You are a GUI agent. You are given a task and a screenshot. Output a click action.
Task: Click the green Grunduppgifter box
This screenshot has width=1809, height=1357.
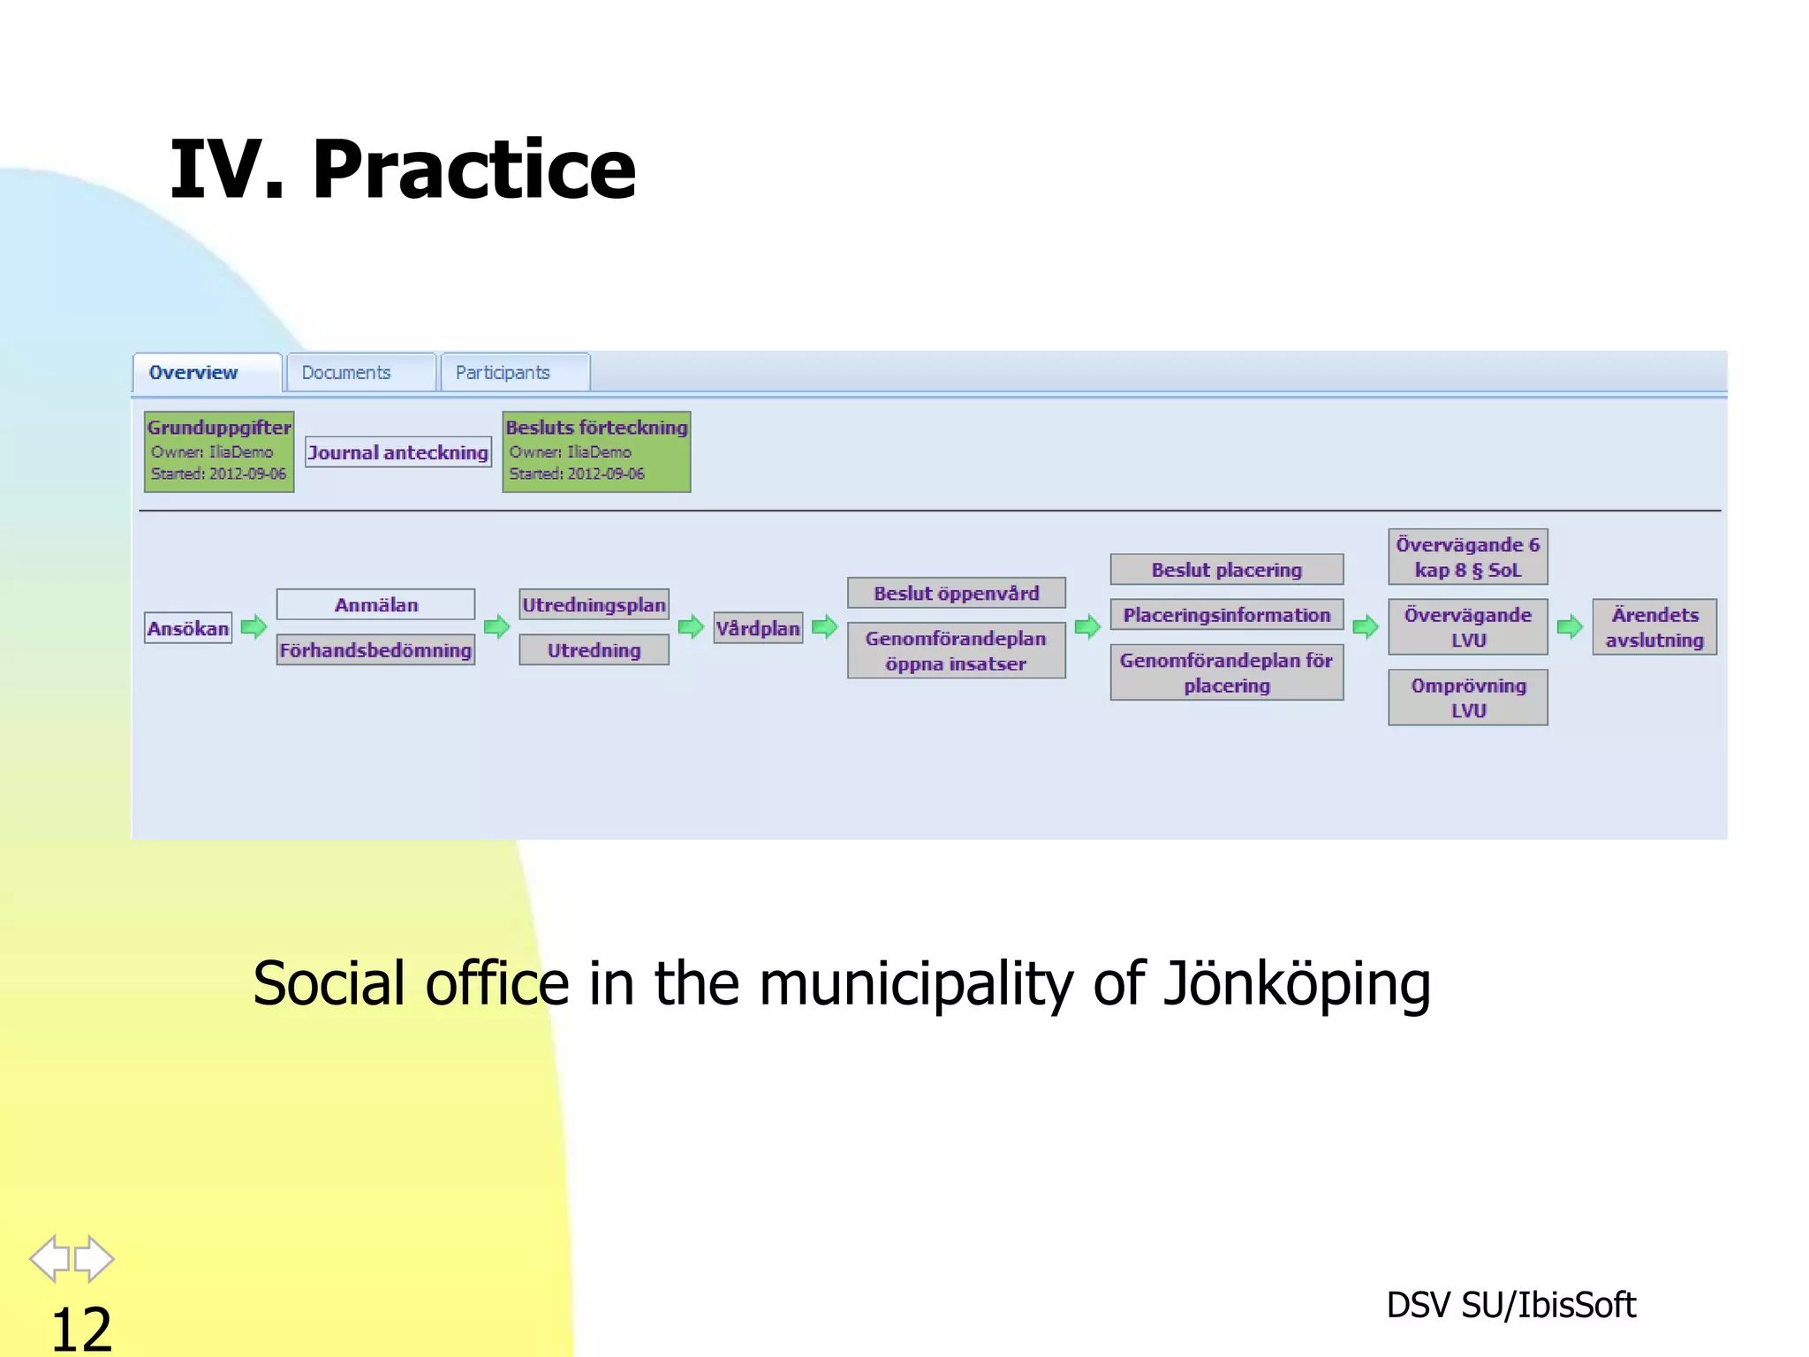coord(219,451)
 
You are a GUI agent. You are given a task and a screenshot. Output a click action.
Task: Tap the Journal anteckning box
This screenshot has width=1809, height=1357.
coord(397,452)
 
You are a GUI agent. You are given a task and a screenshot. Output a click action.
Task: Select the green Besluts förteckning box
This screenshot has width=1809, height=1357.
coord(596,451)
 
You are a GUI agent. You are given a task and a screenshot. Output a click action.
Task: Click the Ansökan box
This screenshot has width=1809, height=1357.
coord(188,628)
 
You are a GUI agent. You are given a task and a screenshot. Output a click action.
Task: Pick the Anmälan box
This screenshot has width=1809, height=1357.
coord(375,605)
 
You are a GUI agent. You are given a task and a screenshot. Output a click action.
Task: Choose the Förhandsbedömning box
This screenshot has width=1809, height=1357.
coord(375,650)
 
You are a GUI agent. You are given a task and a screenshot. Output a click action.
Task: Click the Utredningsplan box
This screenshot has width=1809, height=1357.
coord(594,605)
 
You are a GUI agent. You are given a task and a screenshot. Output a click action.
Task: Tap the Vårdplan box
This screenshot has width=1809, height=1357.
coord(758,628)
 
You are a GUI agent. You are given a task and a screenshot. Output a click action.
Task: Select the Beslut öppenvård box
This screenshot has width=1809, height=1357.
coord(956,593)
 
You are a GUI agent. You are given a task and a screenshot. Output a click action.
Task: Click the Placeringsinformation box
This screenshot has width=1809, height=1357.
coord(1226,615)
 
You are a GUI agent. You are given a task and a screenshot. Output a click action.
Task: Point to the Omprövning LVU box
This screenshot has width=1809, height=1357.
coord(1467,698)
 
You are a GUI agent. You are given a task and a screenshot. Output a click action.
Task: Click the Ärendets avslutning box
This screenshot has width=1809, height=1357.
coord(1654,627)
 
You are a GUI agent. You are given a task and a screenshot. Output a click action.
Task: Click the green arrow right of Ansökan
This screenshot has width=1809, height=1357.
coord(254,627)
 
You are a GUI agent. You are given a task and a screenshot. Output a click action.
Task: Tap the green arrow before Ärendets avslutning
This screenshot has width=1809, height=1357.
coord(1569,627)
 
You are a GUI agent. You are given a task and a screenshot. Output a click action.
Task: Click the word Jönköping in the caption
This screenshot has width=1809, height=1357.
coord(1296,984)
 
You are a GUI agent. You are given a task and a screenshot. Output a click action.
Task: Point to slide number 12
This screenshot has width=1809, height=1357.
coord(81,1328)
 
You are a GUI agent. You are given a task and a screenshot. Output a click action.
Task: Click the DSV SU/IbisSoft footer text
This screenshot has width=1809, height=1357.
coord(1510,1305)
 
